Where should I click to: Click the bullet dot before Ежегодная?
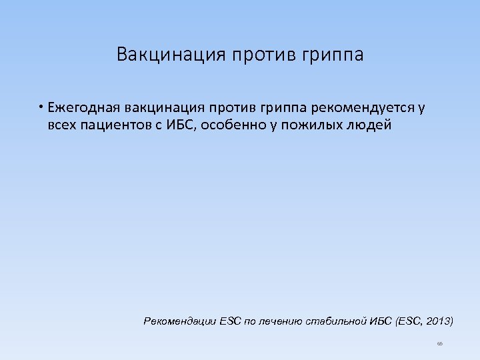(41, 108)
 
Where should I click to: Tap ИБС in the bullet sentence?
(177, 125)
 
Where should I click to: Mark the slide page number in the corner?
(440, 343)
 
